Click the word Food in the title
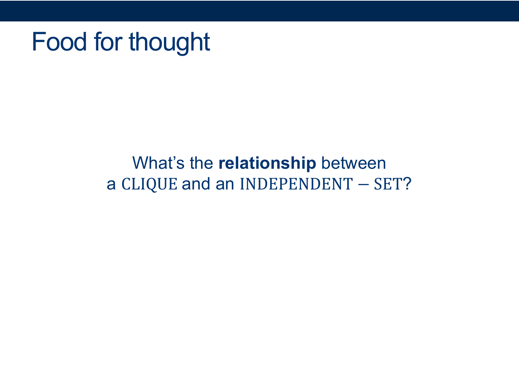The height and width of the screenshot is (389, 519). pyautogui.click(x=60, y=41)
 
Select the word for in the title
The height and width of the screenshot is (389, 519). pyautogui.click(x=108, y=41)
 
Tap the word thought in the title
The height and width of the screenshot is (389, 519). pyautogui.click(x=169, y=43)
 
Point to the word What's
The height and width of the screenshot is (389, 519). pyautogui.click(x=158, y=163)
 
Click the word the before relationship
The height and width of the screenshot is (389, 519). pyautogui.click(x=201, y=163)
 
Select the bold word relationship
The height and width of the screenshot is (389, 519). pyautogui.click(x=267, y=164)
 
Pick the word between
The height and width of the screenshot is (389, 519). pyautogui.click(x=354, y=163)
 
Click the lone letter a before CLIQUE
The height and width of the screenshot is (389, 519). pyautogui.click(x=111, y=184)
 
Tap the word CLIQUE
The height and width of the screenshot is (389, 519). pyautogui.click(x=149, y=184)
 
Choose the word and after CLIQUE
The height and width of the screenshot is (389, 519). pyautogui.click(x=196, y=184)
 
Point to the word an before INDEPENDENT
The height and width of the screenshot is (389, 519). pyautogui.click(x=225, y=184)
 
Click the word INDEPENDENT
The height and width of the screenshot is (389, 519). pyautogui.click(x=297, y=184)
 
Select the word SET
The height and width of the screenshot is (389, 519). pyautogui.click(x=388, y=184)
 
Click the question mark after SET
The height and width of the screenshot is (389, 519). pyautogui.click(x=407, y=184)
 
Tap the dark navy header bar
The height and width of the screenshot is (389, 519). pyautogui.click(x=259, y=11)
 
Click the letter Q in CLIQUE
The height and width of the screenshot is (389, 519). pyautogui.click(x=152, y=185)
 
